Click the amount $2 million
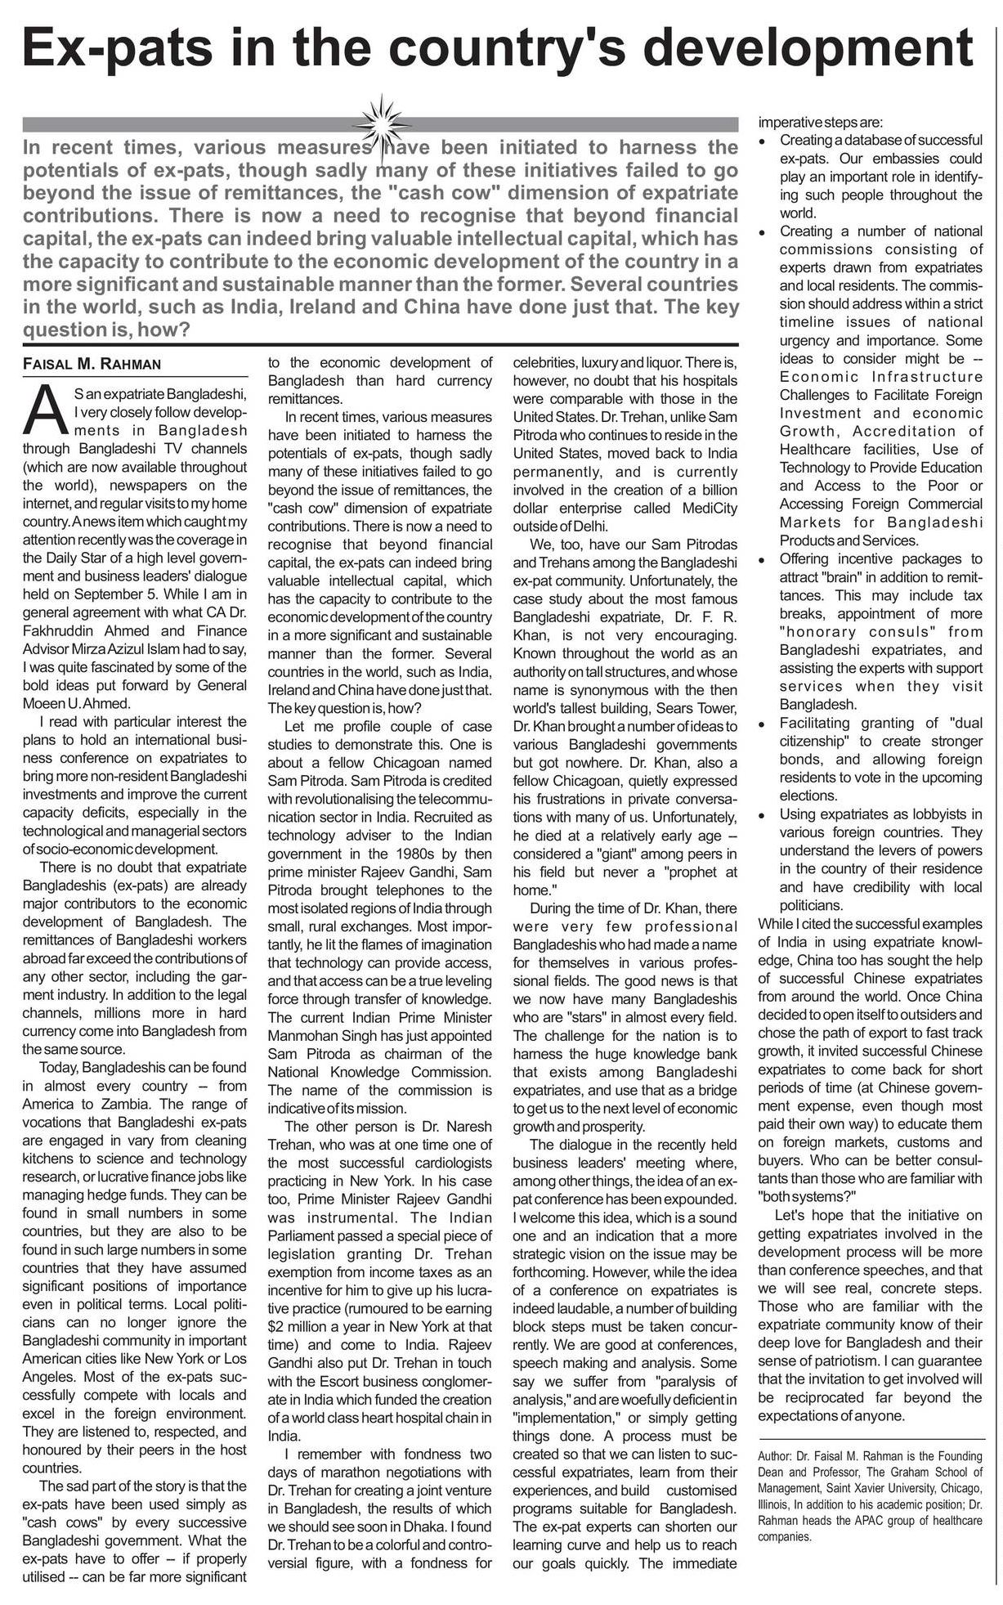pos(300,1326)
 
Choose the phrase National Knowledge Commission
pos(380,1072)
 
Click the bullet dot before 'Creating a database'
pos(763,141)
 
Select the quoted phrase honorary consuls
pos(840,632)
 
